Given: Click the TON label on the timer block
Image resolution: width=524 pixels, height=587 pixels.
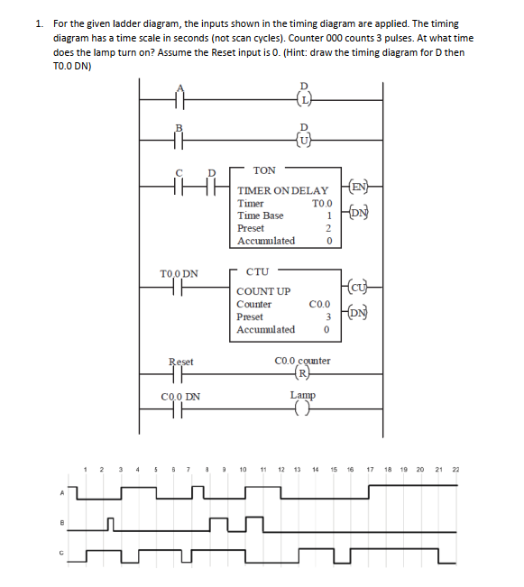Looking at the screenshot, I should [264, 170].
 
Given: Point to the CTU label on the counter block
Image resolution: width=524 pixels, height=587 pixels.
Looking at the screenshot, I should [258, 271].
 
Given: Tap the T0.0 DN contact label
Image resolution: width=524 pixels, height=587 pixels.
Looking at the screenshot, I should [179, 273].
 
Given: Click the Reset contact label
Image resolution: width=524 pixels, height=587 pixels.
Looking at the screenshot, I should [181, 362].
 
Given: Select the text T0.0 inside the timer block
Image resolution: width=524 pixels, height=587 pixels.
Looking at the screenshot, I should [322, 204].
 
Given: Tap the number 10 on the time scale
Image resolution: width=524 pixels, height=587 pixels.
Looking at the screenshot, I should [244, 470].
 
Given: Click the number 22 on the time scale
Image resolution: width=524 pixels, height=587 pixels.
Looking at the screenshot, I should [455, 470].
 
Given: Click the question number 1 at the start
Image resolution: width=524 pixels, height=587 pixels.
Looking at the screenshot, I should [40, 23].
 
